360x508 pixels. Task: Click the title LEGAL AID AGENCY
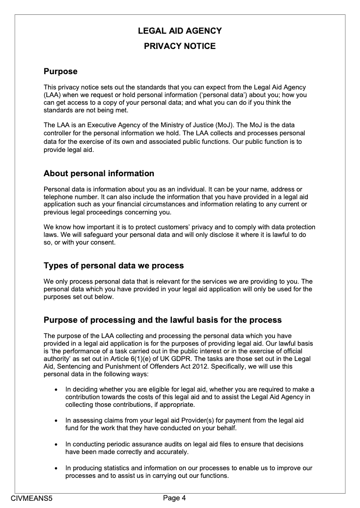coord(180,31)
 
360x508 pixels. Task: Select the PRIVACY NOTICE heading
coord(180,46)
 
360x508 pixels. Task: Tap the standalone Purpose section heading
coord(60,71)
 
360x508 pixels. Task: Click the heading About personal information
coord(99,174)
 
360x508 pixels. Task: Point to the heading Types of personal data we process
coord(113,266)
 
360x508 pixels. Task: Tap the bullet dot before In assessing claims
coord(55,420)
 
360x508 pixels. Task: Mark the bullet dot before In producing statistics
coord(55,468)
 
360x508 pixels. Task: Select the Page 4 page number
coord(174,498)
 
